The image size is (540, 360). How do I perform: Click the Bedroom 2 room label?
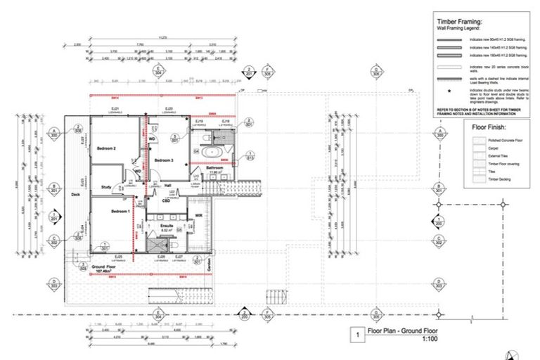tap(106, 149)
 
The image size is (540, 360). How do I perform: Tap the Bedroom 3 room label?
tap(165, 161)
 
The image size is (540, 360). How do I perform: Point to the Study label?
tap(106, 187)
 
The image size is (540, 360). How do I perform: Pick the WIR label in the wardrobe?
tap(199, 214)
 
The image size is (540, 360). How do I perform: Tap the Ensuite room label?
tap(167, 226)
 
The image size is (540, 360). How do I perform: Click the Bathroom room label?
tap(214, 167)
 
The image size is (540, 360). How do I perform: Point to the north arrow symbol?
tap(515, 354)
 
